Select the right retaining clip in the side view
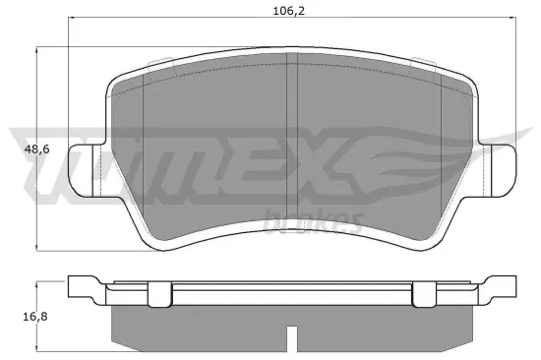(x=424, y=293)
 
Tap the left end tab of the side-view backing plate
(x=84, y=288)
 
